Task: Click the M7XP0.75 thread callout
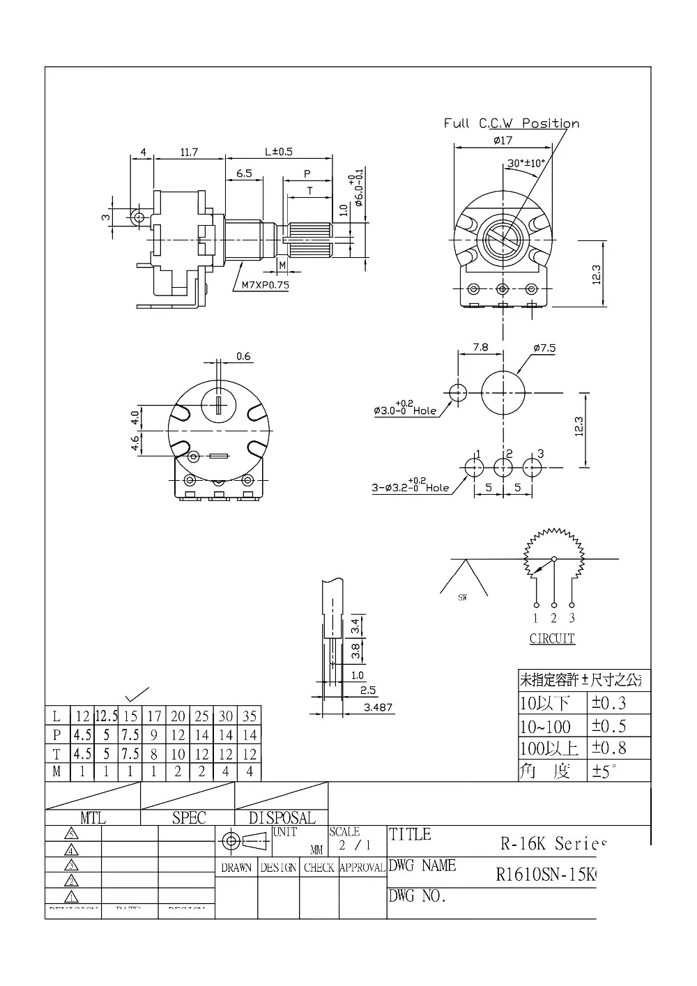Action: click(x=265, y=285)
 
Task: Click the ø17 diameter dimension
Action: click(x=503, y=140)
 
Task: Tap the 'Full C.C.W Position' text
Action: click(x=512, y=123)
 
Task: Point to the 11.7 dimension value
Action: click(x=189, y=152)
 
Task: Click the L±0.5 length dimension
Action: click(x=278, y=152)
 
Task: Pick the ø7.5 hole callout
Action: click(x=544, y=348)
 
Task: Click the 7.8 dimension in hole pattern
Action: click(x=480, y=346)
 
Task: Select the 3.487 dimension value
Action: click(x=378, y=707)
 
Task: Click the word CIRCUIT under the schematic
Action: click(x=552, y=638)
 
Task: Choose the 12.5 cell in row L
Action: click(x=107, y=716)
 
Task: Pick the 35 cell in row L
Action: click(x=250, y=716)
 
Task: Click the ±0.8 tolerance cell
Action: click(x=609, y=748)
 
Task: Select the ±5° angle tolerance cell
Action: click(x=605, y=771)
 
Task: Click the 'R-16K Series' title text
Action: click(x=550, y=844)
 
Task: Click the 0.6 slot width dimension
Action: click(x=243, y=357)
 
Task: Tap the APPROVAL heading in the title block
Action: click(x=362, y=868)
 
